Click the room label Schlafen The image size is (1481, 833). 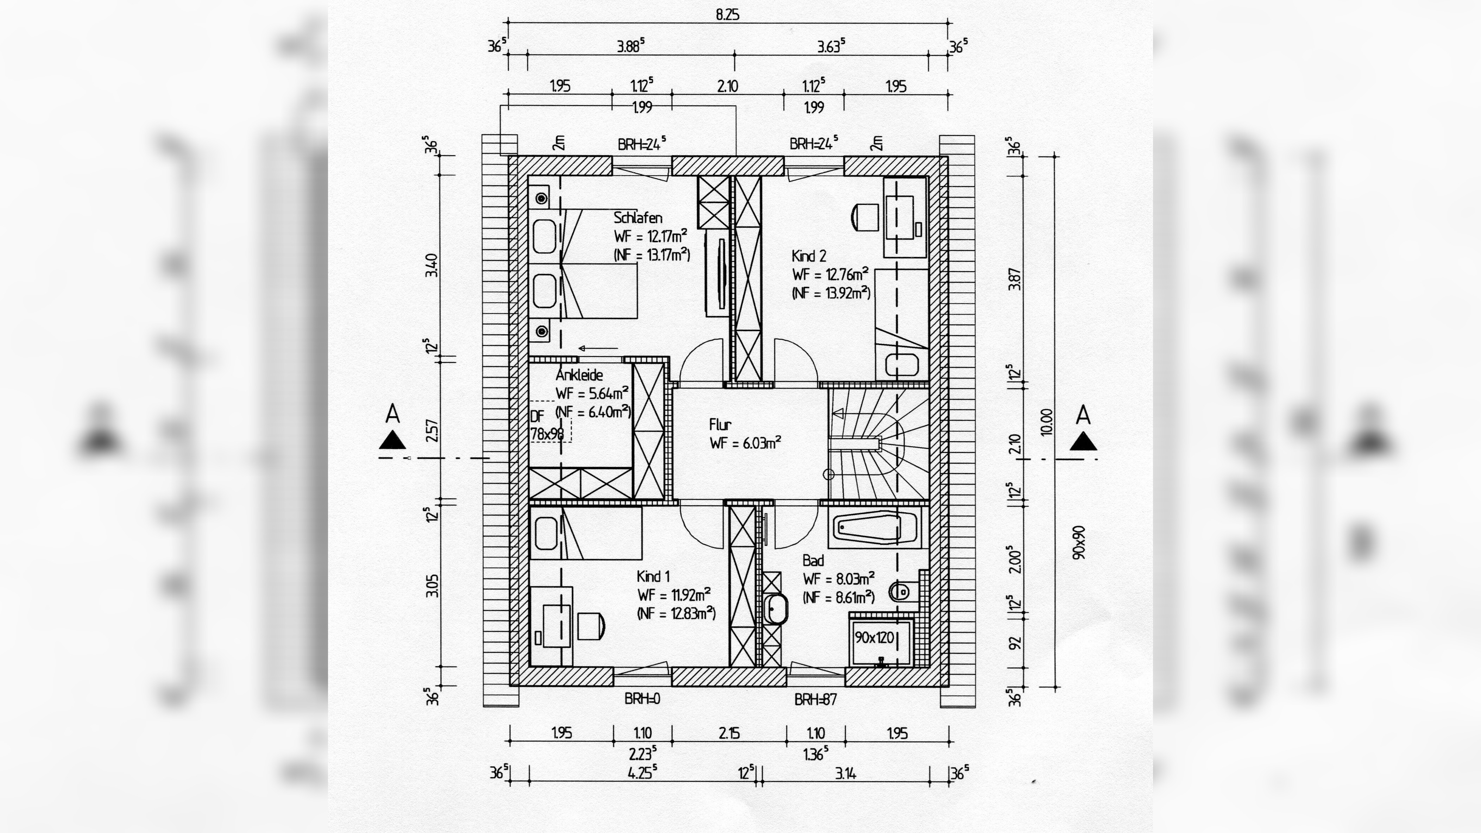(x=638, y=218)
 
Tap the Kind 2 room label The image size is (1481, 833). (x=808, y=256)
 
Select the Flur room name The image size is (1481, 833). (x=720, y=425)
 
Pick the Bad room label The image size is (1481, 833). (x=813, y=561)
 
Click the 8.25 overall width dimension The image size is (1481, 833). (x=727, y=15)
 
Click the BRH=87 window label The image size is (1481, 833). (x=815, y=700)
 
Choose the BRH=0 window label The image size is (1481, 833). (x=642, y=699)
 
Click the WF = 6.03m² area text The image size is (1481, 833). (x=745, y=443)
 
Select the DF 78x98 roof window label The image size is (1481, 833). (x=546, y=425)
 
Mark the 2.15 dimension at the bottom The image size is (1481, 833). (x=729, y=733)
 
